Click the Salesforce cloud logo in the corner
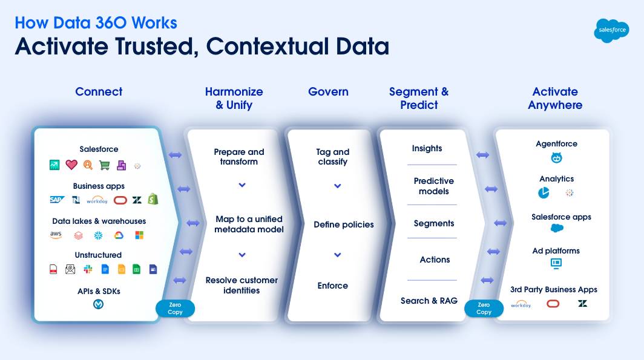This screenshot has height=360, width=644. tap(611, 30)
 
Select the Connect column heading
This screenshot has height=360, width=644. tap(99, 92)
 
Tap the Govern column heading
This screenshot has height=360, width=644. tap(328, 92)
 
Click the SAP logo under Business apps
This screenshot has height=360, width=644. tap(57, 200)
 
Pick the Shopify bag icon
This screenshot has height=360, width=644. tap(153, 199)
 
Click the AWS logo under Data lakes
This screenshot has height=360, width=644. tap(56, 235)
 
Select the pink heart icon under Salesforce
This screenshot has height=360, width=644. tap(71, 165)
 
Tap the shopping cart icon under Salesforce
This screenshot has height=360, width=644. tap(105, 165)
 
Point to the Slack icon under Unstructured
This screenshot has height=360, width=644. tap(88, 269)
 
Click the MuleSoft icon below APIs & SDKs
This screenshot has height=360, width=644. tap(98, 304)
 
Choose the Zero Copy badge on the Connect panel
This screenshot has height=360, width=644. tap(175, 309)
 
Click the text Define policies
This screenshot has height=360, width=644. tap(343, 224)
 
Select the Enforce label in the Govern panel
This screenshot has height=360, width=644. tap(333, 286)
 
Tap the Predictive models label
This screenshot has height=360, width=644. tap(433, 186)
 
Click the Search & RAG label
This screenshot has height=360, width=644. tap(429, 301)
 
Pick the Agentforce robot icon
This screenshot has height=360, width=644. tap(556, 159)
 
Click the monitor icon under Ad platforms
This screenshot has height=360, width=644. tap(556, 264)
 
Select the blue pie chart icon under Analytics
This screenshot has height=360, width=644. tap(544, 193)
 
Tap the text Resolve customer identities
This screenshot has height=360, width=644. tap(241, 285)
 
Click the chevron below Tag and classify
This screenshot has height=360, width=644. tap(338, 186)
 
